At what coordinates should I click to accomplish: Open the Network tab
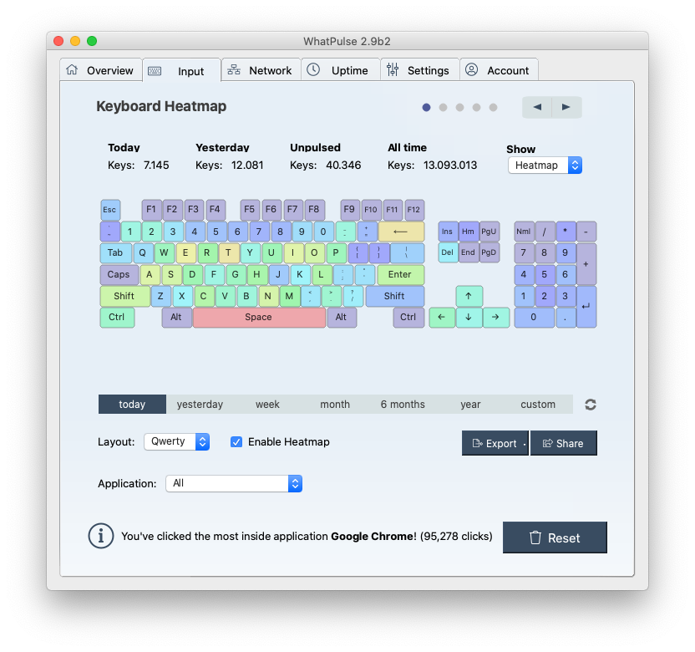tap(260, 70)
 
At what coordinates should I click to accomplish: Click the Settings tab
tap(418, 70)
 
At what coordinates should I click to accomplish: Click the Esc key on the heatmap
tap(110, 210)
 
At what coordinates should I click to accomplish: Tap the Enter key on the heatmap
tap(400, 274)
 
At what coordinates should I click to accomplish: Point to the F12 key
tap(413, 210)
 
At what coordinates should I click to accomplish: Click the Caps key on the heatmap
tap(119, 274)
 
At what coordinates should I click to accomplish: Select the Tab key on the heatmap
tap(115, 252)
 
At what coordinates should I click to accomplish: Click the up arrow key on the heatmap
tap(469, 296)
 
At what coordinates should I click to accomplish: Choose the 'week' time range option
tap(267, 405)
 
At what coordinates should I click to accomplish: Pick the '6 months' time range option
tap(403, 405)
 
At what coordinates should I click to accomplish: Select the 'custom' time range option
tap(538, 405)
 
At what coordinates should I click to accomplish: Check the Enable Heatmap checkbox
tap(236, 441)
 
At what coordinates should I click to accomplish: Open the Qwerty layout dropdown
tap(176, 441)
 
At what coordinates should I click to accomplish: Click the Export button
tap(495, 443)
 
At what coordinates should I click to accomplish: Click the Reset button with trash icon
tap(555, 537)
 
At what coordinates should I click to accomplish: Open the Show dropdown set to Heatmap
tap(545, 166)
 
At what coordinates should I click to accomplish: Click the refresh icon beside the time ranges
tap(591, 405)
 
